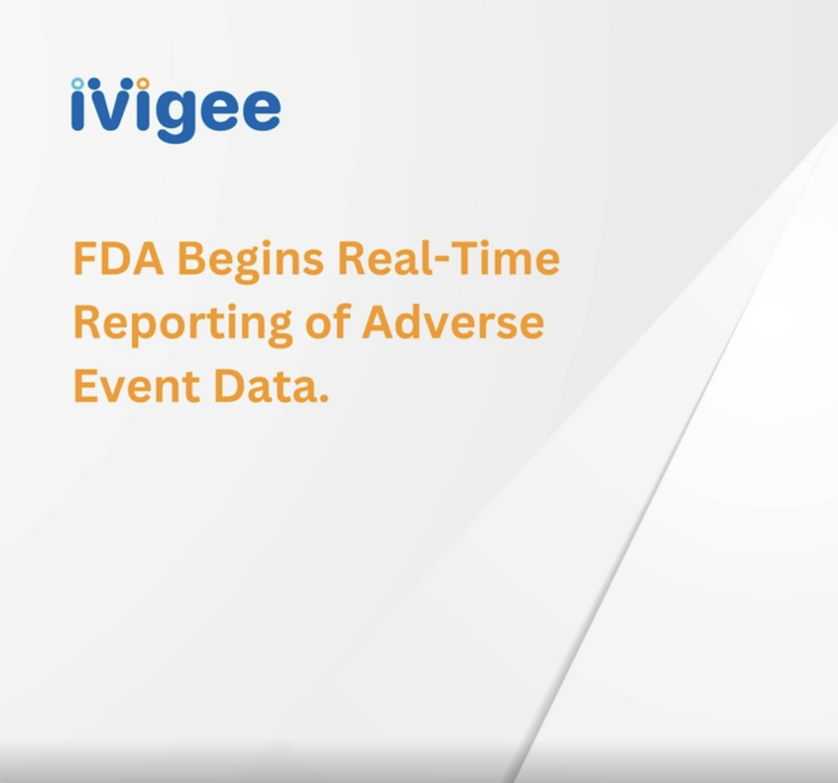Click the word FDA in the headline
coord(118,258)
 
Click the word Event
coord(137,386)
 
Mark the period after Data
coord(323,397)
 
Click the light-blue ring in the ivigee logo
coord(78,83)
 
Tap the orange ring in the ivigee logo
coord(142,83)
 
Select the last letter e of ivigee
coord(259,111)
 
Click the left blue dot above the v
coord(94,84)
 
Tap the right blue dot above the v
coord(127,84)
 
